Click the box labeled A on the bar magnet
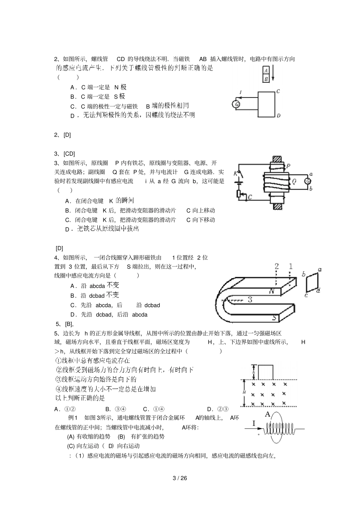266,70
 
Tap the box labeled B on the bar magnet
266,78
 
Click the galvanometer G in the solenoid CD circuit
236,104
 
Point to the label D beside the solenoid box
279,116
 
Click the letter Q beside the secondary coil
294,182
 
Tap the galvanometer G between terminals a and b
308,181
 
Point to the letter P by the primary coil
288,166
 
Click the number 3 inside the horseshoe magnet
250,300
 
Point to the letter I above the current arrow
254,423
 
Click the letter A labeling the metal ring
268,414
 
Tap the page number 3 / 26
180,478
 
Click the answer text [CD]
69,154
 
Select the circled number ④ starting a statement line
58,389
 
